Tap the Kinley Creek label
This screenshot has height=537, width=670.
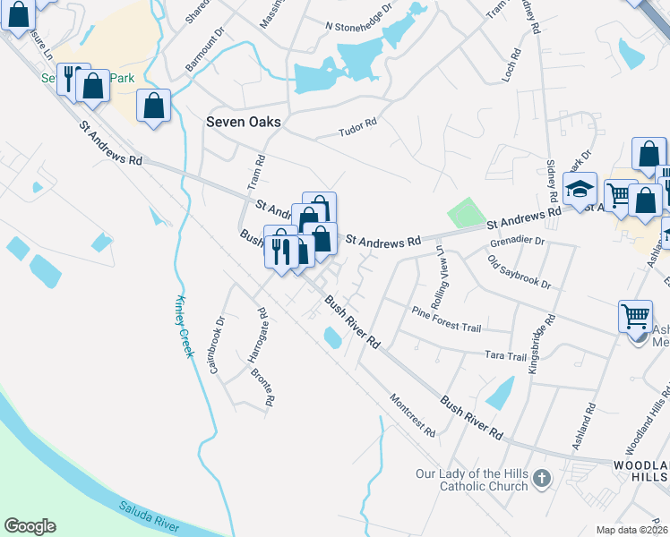(x=184, y=326)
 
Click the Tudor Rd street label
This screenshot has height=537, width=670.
(x=357, y=132)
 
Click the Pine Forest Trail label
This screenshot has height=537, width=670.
(x=446, y=320)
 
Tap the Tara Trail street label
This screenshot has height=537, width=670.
(x=505, y=357)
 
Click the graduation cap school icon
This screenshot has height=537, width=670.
(x=580, y=189)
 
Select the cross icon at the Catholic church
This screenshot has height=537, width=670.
(x=541, y=479)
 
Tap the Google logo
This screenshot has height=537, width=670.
(x=30, y=526)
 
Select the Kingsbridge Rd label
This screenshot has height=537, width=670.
(x=543, y=343)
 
